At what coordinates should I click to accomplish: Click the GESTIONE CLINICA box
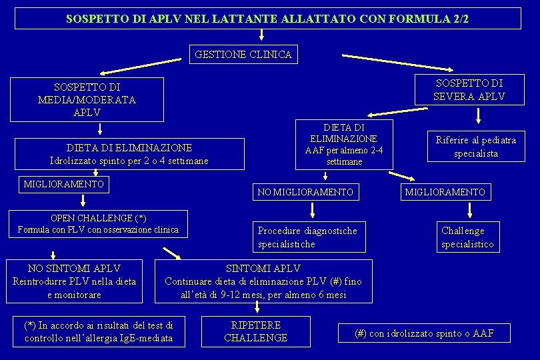243,55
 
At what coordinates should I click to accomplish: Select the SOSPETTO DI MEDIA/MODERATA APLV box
87,99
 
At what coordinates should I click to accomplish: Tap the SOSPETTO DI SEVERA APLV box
469,90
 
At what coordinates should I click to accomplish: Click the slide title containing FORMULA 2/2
267,19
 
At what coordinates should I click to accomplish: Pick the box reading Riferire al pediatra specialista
475,147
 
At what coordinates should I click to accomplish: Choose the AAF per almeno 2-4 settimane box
345,145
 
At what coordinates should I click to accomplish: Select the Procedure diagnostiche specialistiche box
309,237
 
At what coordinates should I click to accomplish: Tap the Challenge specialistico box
467,237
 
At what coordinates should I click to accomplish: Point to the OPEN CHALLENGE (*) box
98,223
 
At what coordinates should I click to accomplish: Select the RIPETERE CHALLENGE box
256,331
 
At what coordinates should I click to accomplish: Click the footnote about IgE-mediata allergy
99,331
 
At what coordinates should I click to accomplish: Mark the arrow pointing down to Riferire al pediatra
479,117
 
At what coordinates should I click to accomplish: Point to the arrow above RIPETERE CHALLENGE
257,307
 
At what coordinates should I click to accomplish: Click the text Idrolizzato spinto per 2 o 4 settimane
129,161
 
